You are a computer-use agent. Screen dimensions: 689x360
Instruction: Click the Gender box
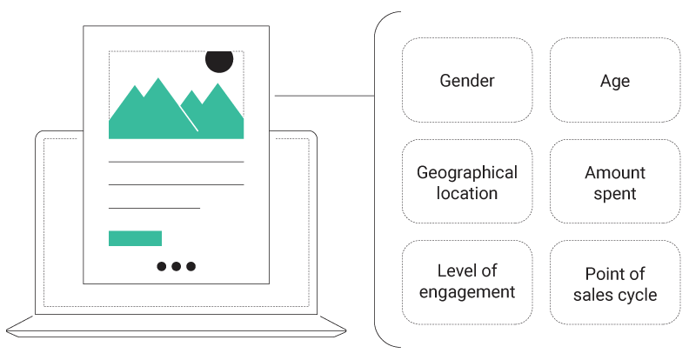(x=467, y=80)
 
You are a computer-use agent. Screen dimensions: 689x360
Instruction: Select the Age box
(x=615, y=80)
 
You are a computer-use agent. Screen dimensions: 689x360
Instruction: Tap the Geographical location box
(x=467, y=182)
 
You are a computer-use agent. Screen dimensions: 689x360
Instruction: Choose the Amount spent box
(x=615, y=182)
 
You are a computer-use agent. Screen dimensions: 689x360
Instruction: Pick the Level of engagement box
(x=467, y=283)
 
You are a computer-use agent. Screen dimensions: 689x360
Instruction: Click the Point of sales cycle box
(x=615, y=283)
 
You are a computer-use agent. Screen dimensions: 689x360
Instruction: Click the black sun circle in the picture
(x=219, y=62)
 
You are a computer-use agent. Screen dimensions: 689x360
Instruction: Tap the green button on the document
(x=136, y=238)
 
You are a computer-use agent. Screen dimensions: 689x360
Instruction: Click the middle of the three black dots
(x=177, y=266)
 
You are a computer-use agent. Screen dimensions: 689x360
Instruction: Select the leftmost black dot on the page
(x=162, y=266)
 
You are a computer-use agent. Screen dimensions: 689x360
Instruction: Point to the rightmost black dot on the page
(x=191, y=266)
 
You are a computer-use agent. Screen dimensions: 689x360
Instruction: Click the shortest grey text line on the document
(x=154, y=208)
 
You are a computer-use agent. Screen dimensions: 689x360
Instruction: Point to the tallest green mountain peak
(x=158, y=78)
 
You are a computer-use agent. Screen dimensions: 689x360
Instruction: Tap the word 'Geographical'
(x=467, y=173)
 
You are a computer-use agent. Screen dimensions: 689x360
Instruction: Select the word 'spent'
(x=615, y=194)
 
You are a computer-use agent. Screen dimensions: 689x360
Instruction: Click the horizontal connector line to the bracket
(x=324, y=96)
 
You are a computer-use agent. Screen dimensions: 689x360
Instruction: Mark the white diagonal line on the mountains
(x=190, y=118)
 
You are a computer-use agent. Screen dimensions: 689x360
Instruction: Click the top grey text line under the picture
(x=177, y=162)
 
